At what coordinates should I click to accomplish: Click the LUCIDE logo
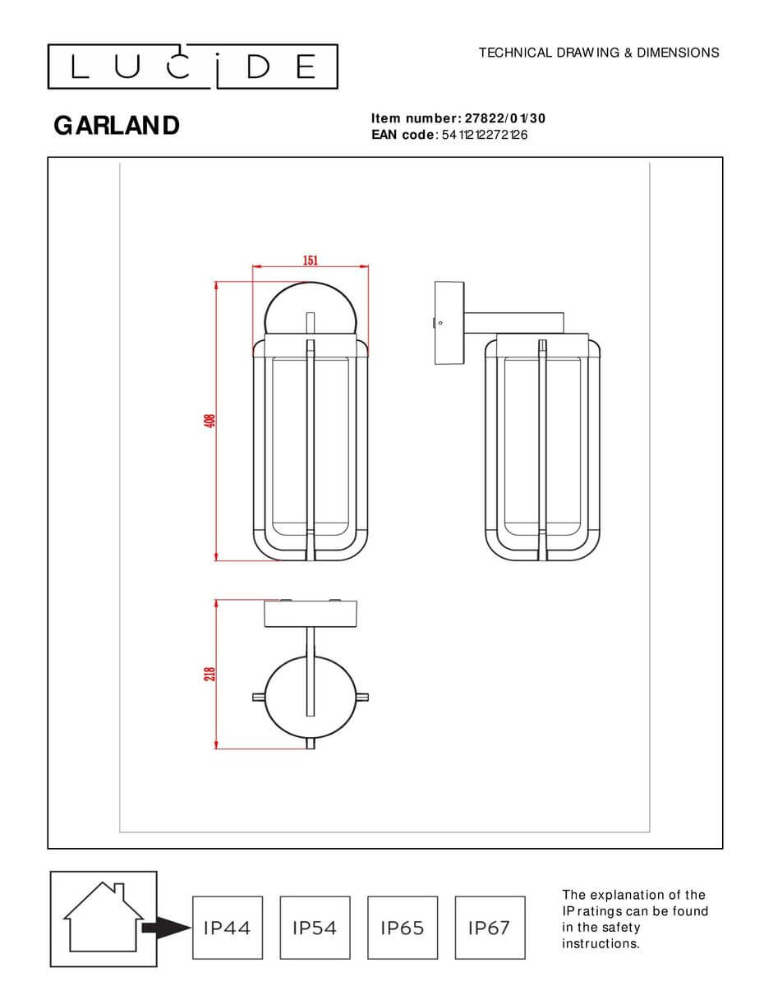(x=192, y=67)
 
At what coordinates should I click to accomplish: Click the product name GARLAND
(x=117, y=126)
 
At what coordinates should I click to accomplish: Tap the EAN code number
(x=485, y=135)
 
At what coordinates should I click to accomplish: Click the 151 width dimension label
(x=310, y=260)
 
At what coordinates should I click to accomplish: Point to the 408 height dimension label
(x=209, y=420)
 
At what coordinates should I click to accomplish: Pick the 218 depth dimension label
(x=209, y=673)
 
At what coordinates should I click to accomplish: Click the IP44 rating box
(x=228, y=928)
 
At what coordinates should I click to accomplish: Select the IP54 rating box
(x=315, y=928)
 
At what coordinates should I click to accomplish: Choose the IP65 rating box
(x=403, y=928)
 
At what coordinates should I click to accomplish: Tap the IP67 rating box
(x=490, y=928)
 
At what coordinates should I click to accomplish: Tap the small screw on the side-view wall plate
(x=440, y=323)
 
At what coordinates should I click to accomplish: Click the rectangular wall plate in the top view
(x=311, y=614)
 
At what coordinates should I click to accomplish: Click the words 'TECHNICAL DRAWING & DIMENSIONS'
(x=599, y=53)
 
